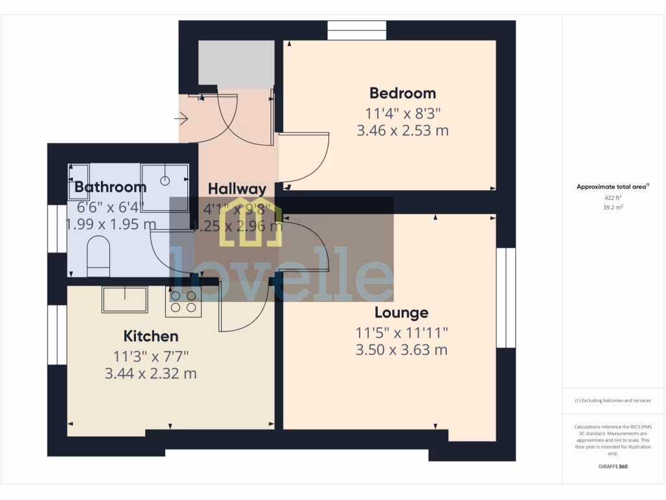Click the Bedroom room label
click(x=403, y=93)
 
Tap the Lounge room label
click(x=401, y=313)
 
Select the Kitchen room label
click(x=151, y=337)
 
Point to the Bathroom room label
click(x=111, y=187)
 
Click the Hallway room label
click(x=237, y=189)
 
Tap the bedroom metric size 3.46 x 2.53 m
click(x=403, y=130)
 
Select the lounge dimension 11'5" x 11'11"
click(x=401, y=333)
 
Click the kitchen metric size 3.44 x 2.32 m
click(x=151, y=374)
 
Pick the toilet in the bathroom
click(x=100, y=253)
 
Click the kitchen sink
click(x=124, y=299)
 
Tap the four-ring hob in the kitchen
click(x=183, y=301)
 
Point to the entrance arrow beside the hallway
click(x=181, y=119)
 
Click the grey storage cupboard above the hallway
click(x=235, y=64)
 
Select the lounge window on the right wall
click(x=506, y=298)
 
